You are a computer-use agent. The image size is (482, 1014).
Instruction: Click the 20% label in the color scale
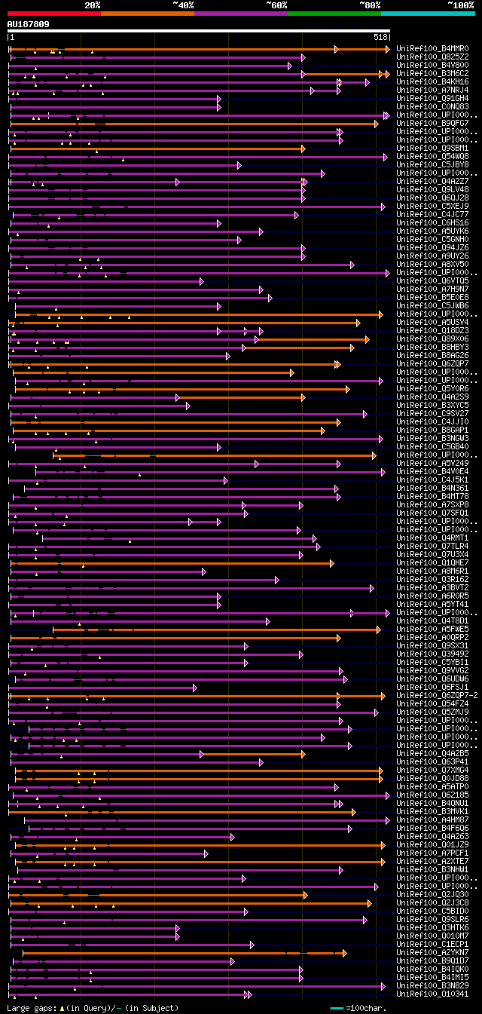[x=93, y=5]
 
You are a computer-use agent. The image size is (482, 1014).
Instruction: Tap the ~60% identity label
[x=276, y=5]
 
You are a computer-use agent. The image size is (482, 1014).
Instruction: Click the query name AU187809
[x=29, y=24]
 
